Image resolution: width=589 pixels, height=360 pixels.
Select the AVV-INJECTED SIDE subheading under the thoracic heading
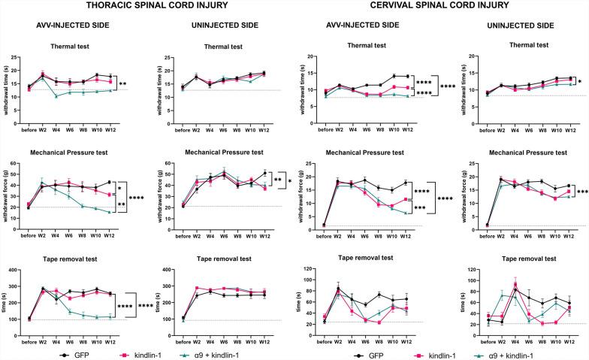[x=69, y=25]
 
